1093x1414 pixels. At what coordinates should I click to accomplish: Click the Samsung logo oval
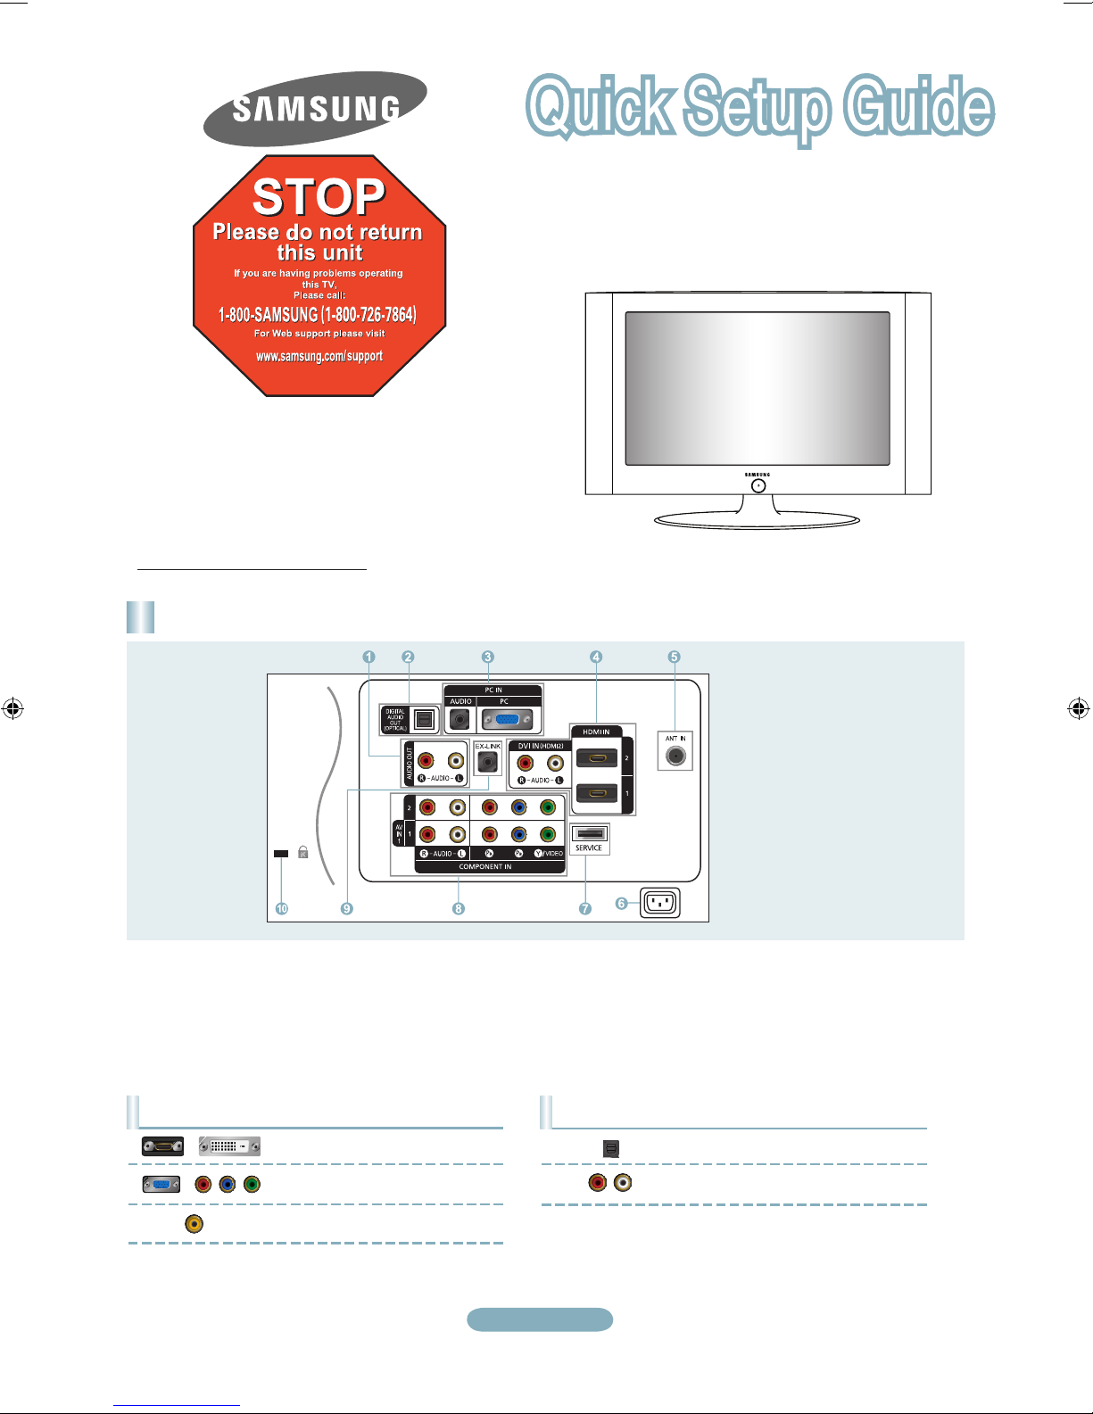(315, 109)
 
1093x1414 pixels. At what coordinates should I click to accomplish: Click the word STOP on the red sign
(319, 196)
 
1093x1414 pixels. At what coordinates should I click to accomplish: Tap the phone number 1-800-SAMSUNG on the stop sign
(318, 315)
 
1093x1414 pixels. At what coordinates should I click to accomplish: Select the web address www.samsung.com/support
(319, 356)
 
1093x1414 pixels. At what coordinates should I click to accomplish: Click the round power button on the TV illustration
(758, 486)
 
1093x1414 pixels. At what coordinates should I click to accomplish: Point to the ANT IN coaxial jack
(675, 757)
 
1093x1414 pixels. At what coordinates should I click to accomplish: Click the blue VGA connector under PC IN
(506, 719)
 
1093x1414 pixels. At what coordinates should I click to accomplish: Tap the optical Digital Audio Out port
(424, 719)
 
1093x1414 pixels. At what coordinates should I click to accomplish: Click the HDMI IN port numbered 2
(597, 759)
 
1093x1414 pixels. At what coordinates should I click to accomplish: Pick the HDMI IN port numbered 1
(597, 792)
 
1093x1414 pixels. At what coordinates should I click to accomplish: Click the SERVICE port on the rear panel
(589, 834)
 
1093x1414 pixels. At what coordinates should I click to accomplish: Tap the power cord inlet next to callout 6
(660, 903)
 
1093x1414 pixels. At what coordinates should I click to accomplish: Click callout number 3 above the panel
(488, 657)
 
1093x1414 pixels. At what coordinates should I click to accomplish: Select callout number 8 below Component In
(458, 909)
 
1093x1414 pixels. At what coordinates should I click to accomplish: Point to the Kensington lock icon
(303, 853)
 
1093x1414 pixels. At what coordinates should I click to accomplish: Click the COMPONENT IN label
(485, 867)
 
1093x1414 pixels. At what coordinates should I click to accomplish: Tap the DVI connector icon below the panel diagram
(229, 1146)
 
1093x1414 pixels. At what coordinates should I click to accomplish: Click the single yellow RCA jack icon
(194, 1224)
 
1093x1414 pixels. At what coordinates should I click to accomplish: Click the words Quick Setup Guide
(760, 107)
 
